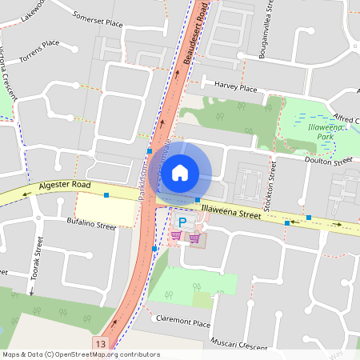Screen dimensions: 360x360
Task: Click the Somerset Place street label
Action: click(98, 20)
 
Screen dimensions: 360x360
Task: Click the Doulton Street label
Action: click(329, 160)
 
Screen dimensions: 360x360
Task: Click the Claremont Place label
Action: click(185, 324)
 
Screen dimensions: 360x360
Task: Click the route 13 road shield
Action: click(100, 343)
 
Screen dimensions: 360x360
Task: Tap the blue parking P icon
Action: click(182, 222)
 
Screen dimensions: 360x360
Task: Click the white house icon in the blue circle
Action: click(181, 172)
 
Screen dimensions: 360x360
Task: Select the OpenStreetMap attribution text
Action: click(80, 354)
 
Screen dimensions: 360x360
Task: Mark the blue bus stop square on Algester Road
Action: click(106, 194)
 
